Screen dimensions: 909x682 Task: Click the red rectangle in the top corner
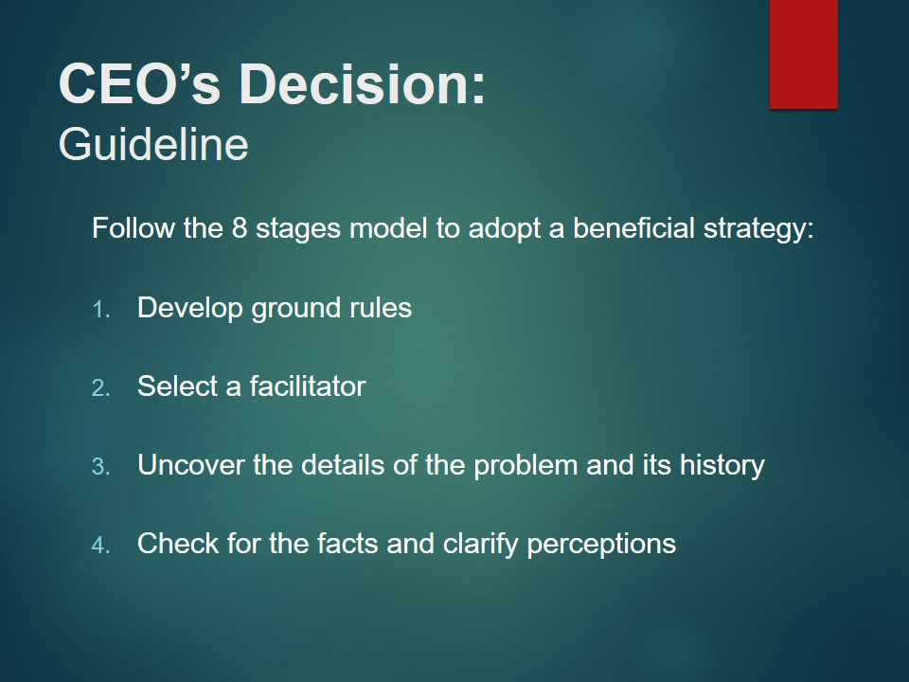tap(804, 54)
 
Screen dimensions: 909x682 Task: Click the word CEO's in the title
tap(140, 84)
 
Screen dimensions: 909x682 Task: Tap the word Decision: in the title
tap(363, 84)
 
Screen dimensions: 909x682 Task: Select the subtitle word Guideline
tap(153, 144)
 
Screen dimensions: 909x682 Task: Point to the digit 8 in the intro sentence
tap(240, 228)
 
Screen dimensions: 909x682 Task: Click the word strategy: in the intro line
tap(758, 228)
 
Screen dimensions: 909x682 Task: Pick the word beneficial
tap(633, 227)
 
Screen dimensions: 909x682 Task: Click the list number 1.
tap(101, 310)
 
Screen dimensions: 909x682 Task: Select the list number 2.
tap(101, 388)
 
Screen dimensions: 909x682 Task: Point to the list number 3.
tap(101, 467)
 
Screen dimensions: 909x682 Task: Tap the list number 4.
tap(101, 546)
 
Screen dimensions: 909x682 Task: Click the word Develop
tap(190, 308)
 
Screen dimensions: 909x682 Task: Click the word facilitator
tap(308, 386)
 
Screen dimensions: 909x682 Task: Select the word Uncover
tap(191, 464)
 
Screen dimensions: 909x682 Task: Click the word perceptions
tap(602, 545)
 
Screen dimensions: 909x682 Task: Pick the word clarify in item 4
tap(481, 544)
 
